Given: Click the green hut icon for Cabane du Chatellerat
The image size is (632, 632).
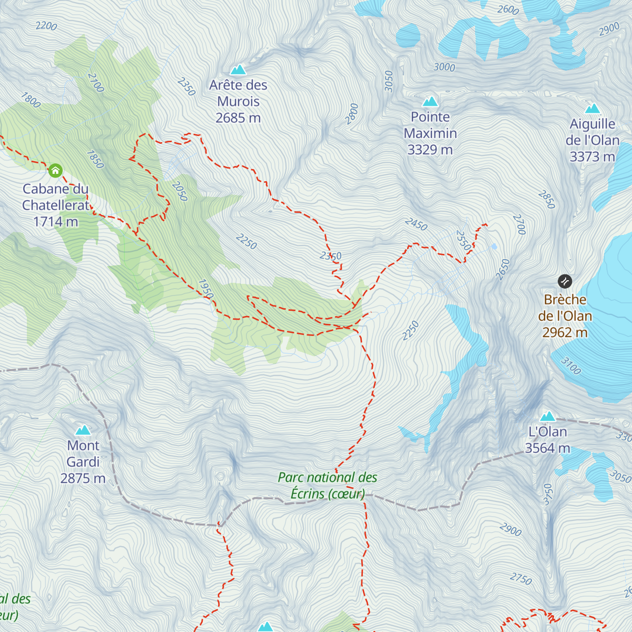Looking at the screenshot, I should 55,170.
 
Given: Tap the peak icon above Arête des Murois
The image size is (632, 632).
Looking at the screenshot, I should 238,70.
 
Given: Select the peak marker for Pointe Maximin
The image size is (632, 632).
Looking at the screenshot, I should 430,101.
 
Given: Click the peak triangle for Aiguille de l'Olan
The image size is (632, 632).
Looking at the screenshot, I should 593,108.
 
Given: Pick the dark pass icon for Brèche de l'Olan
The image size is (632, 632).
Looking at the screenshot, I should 565,281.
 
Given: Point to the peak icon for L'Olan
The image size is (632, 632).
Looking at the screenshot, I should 548,417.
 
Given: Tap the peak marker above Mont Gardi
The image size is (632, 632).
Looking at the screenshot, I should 83,430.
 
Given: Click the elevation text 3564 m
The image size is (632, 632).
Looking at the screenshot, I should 548,448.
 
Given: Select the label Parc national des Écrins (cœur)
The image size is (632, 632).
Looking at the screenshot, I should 328,485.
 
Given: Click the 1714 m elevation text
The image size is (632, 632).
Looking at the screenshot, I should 56,222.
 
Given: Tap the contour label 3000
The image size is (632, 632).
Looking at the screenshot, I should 444,67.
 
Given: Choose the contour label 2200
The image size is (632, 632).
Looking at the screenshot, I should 46,26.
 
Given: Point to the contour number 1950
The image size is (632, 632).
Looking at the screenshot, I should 206,289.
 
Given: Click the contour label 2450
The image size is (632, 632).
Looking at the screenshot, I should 416,224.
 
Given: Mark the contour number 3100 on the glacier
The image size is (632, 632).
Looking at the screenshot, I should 570,366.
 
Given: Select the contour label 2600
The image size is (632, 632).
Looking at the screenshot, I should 508,9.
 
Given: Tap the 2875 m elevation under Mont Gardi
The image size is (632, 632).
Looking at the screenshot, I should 83,478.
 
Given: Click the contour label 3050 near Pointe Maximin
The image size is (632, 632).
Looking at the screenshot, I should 389,81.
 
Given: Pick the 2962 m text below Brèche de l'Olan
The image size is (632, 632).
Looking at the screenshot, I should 565,332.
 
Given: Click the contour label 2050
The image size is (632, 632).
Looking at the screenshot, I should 180,191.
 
